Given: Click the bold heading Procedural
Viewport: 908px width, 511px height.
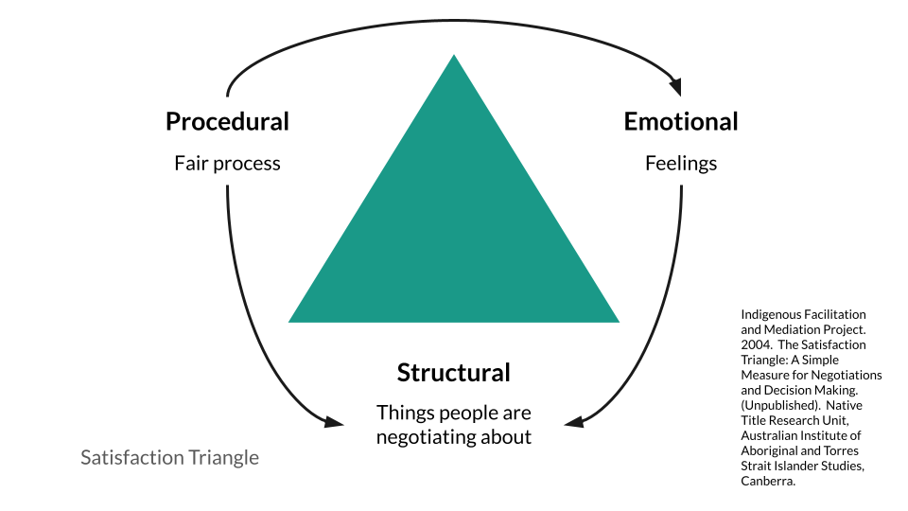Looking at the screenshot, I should click(227, 122).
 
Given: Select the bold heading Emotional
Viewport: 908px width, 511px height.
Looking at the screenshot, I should click(681, 122).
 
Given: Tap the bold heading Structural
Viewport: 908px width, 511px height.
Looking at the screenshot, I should click(453, 373).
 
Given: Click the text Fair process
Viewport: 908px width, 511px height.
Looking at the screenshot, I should click(227, 164).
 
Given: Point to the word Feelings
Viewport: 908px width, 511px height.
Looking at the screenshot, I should click(681, 164).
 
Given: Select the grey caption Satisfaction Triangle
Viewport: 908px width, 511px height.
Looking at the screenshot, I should click(169, 458).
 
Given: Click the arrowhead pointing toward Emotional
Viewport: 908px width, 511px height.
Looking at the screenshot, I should click(675, 88).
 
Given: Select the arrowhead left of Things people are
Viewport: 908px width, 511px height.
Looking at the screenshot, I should click(334, 421).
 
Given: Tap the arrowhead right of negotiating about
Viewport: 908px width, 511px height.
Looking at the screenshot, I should click(574, 421).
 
